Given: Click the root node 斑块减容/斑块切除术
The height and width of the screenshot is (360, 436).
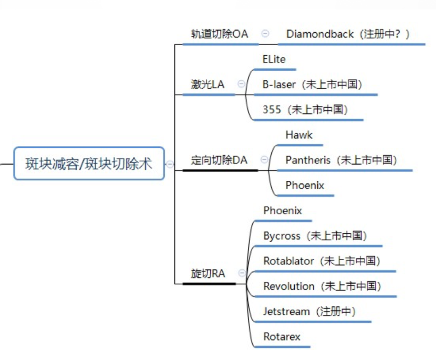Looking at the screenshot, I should click(89, 163).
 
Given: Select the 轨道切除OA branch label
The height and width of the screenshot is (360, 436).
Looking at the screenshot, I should click(219, 34).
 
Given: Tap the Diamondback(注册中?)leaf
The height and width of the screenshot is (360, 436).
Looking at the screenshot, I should click(348, 34).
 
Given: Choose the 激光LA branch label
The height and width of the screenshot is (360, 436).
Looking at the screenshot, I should click(208, 84).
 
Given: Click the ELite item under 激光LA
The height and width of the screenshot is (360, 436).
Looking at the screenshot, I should click(274, 59).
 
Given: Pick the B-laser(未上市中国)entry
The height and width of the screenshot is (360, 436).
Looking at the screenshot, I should click(312, 84).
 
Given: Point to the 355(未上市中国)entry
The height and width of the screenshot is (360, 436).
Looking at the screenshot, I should click(305, 109).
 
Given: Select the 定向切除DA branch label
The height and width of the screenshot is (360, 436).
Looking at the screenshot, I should click(219, 160).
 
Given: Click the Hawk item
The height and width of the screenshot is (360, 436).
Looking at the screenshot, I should click(299, 135).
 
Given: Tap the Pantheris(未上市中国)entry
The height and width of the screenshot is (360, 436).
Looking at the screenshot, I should click(342, 160).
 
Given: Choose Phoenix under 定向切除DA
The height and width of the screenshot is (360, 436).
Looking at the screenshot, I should click(305, 185).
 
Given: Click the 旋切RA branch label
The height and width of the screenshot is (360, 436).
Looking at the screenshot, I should click(208, 274).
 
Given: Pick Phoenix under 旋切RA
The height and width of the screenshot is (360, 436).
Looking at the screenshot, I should click(283, 211).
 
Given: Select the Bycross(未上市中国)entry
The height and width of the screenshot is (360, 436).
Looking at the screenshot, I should click(315, 236).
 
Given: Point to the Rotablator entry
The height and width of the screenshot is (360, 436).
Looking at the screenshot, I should click(322, 261).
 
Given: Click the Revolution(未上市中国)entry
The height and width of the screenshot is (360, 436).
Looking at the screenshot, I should click(322, 286).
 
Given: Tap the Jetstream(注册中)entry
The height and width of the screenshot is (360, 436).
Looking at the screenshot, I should click(309, 312).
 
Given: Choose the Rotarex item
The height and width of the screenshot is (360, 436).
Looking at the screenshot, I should click(282, 337).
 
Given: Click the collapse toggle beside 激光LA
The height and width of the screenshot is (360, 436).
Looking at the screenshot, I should click(241, 84).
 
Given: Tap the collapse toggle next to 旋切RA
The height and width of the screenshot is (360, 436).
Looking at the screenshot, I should click(242, 273).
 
